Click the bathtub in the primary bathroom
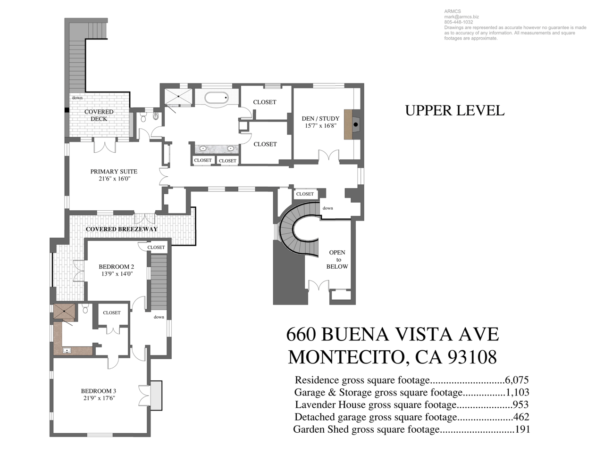217,98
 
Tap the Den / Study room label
320,118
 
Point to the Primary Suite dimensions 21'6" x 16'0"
114,179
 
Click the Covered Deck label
99,115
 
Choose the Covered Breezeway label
122,229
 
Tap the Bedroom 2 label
117,267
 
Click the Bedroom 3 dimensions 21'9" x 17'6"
99,398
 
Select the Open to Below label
337,259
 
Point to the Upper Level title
454,110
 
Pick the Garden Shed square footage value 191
522,429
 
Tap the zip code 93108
472,357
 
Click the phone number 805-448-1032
459,22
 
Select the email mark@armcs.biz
461,17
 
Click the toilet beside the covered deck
143,117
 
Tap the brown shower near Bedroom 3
64,312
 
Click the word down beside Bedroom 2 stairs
159,317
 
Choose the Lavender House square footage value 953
520,404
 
